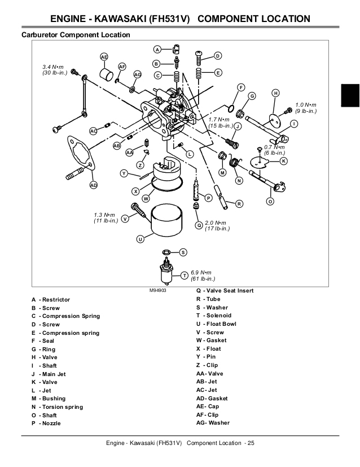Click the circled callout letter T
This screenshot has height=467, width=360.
tap(184, 275)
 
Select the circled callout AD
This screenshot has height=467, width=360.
tap(93, 185)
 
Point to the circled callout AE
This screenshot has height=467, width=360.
tap(104, 56)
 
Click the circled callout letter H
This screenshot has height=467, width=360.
tap(275, 93)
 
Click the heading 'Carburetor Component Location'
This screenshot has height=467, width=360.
tap(76, 35)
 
